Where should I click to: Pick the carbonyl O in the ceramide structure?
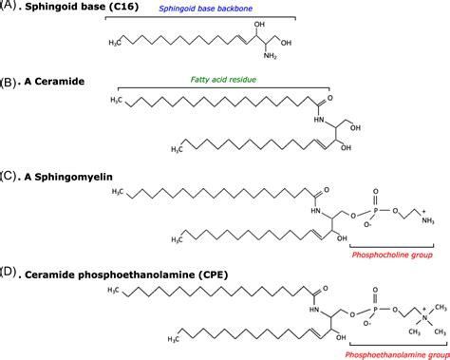tap(329, 97)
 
